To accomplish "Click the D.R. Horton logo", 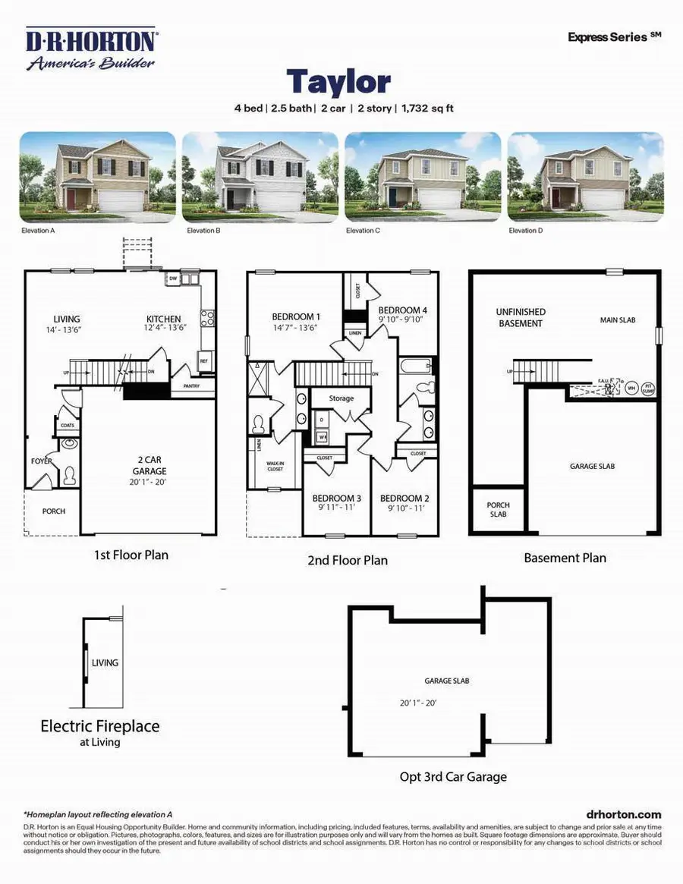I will pyautogui.click(x=91, y=50).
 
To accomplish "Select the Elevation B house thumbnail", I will pyautogui.click(x=260, y=178).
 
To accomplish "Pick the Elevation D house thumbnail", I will pyautogui.click(x=585, y=178).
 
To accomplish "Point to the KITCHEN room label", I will pyautogui.click(x=163, y=319).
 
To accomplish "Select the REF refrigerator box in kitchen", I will pyautogui.click(x=204, y=361).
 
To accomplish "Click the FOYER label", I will pyautogui.click(x=41, y=460).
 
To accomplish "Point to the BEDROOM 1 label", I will pyautogui.click(x=296, y=316).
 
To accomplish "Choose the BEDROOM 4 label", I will pyautogui.click(x=402, y=310).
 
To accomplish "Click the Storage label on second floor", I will pyautogui.click(x=341, y=398).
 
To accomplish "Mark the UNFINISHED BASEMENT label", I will pyautogui.click(x=521, y=317).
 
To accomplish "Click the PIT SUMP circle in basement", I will pyautogui.click(x=647, y=388).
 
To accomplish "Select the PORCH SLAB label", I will pyautogui.click(x=498, y=509).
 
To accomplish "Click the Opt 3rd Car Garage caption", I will pyautogui.click(x=453, y=776).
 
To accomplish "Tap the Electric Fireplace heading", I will pyautogui.click(x=100, y=726).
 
